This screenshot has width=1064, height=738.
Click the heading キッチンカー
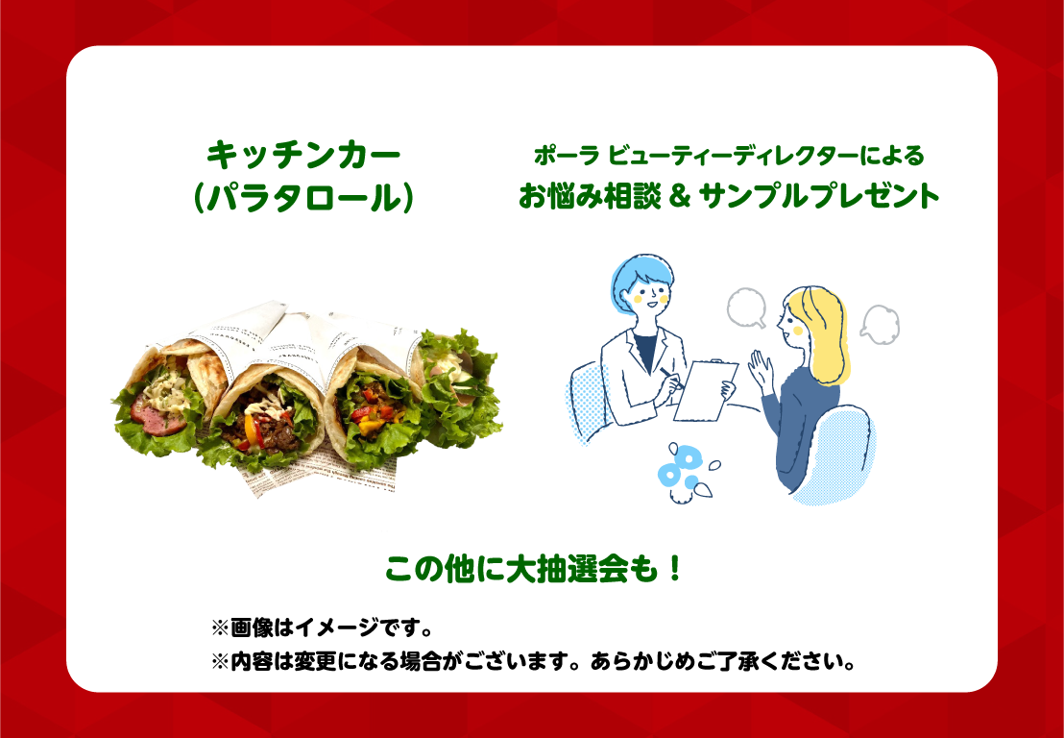point(304,157)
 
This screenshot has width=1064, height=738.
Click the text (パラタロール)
point(303,200)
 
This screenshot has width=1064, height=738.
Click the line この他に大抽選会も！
point(533,570)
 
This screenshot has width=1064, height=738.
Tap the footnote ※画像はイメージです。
point(323,628)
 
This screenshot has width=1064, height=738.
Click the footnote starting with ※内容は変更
point(533,660)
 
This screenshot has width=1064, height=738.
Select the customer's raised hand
point(762,371)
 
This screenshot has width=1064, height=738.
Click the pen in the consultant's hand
point(669,379)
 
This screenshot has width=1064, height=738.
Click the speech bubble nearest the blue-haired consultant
point(746,308)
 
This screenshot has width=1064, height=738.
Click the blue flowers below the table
point(682,470)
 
